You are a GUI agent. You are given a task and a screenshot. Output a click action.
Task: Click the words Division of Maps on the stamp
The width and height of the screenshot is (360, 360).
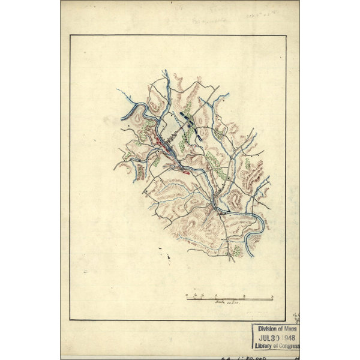(277, 329)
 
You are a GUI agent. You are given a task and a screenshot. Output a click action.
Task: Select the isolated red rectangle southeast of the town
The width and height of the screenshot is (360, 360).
(185, 172)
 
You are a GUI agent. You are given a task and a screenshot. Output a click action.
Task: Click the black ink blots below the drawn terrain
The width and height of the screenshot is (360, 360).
(167, 259)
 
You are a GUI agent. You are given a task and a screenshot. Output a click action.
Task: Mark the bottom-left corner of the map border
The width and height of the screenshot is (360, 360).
(70, 320)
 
